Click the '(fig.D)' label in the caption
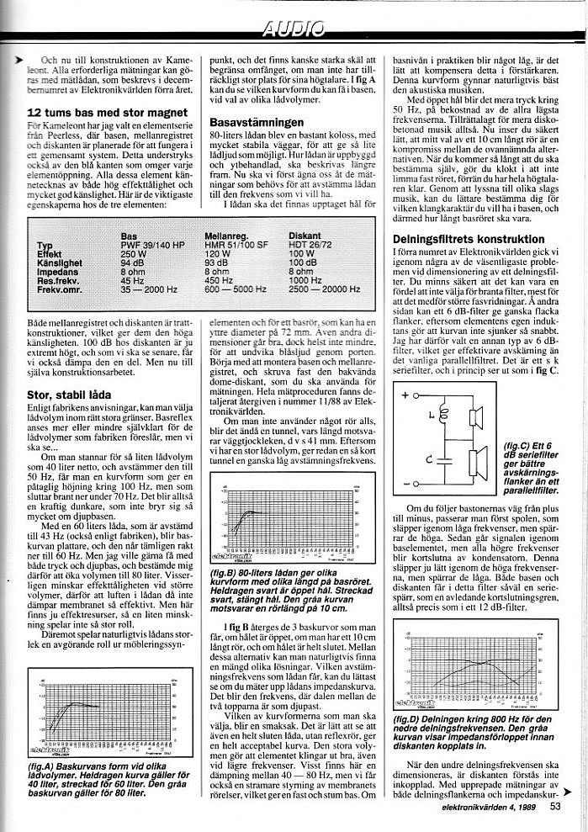pos(408,720)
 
